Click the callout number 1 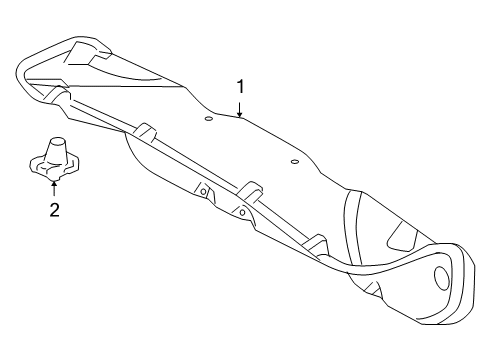pyautogui.click(x=240, y=87)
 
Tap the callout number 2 pyautogui.click(x=54, y=210)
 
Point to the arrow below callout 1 pyautogui.click(x=240, y=110)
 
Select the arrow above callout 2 pyautogui.click(x=54, y=188)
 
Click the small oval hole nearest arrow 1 pyautogui.click(x=208, y=119)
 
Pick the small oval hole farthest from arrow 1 pyautogui.click(x=294, y=162)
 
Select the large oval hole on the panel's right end pyautogui.click(x=441, y=277)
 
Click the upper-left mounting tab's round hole pyautogui.click(x=203, y=192)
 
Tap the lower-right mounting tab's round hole pyautogui.click(x=243, y=212)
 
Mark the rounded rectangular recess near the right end pyautogui.click(x=403, y=237)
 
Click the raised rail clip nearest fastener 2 pyautogui.click(x=144, y=131)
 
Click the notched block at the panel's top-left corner pyautogui.click(x=87, y=53)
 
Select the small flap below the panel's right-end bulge pyautogui.click(x=374, y=289)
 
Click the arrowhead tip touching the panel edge pyautogui.click(x=240, y=117)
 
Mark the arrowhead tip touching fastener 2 pyautogui.click(x=54, y=181)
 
